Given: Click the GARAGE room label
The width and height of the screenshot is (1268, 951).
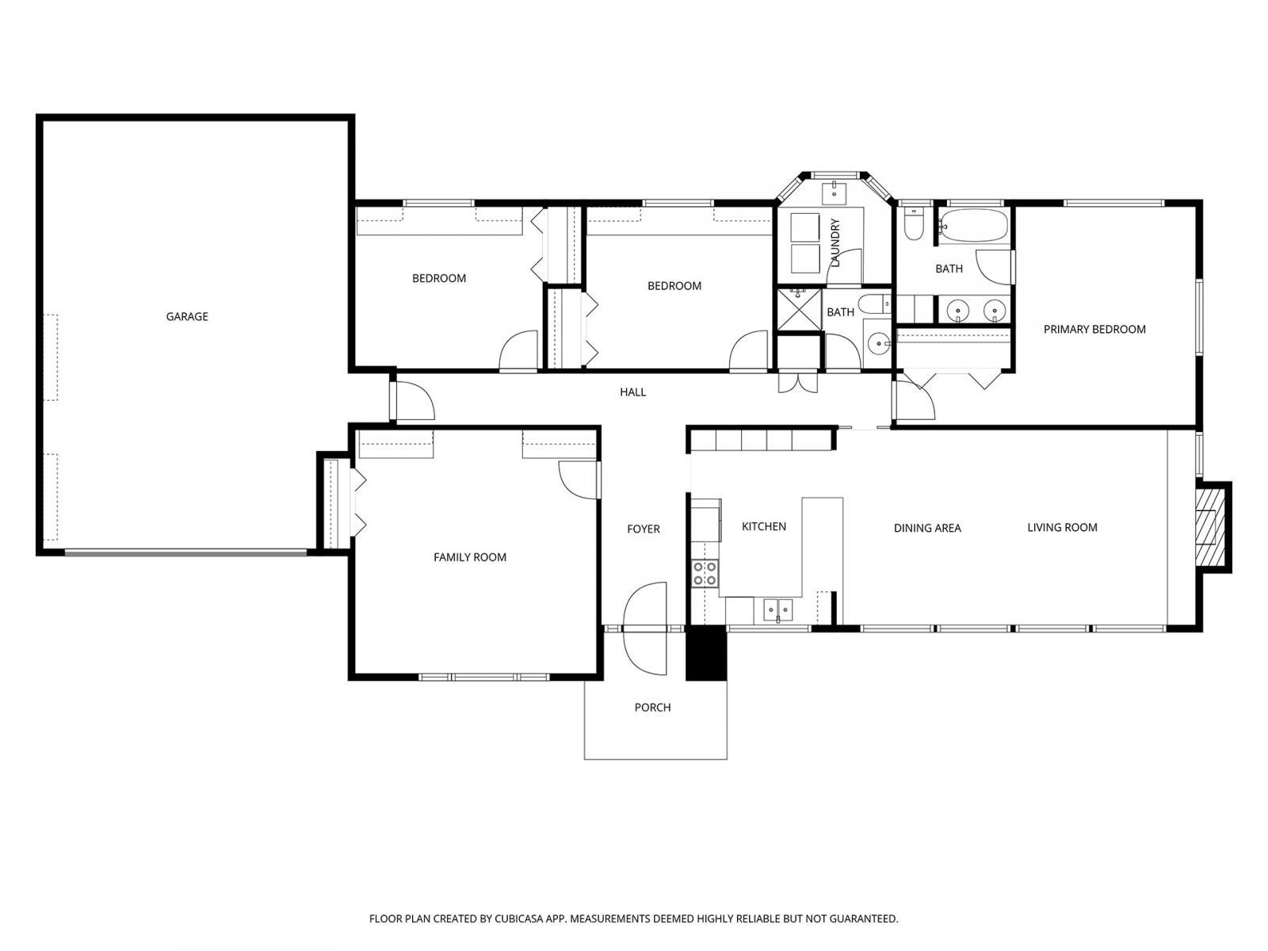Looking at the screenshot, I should pos(187,317).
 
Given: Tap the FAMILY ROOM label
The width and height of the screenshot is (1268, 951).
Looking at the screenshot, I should pos(469,557).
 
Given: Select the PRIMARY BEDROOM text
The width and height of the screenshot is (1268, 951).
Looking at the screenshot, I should pos(1094,330).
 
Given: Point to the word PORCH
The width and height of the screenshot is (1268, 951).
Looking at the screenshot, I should pos(652,708).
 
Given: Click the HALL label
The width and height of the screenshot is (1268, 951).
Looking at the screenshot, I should pos(632,392).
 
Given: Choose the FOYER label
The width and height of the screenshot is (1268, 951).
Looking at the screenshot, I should pos(643,529).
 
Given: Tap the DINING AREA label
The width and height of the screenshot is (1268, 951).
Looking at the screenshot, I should pos(927,528).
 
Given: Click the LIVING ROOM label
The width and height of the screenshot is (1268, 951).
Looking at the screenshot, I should pos(1062,528).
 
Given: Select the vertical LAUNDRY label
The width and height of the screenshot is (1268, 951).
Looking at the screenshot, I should pos(835,243).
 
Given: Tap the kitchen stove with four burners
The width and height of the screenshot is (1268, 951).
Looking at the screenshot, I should pos(705,573).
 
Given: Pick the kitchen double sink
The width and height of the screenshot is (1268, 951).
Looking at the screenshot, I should pos(777,609).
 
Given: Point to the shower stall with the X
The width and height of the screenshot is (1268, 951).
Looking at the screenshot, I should pos(798,307).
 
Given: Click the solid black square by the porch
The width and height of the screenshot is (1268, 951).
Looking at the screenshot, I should pos(705,653).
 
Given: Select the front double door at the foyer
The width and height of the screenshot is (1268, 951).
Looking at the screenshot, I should pos(644,629).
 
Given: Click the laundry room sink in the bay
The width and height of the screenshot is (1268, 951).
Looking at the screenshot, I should pos(835,192).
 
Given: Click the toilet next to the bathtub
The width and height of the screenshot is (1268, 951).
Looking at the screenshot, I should pos(914,225).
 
